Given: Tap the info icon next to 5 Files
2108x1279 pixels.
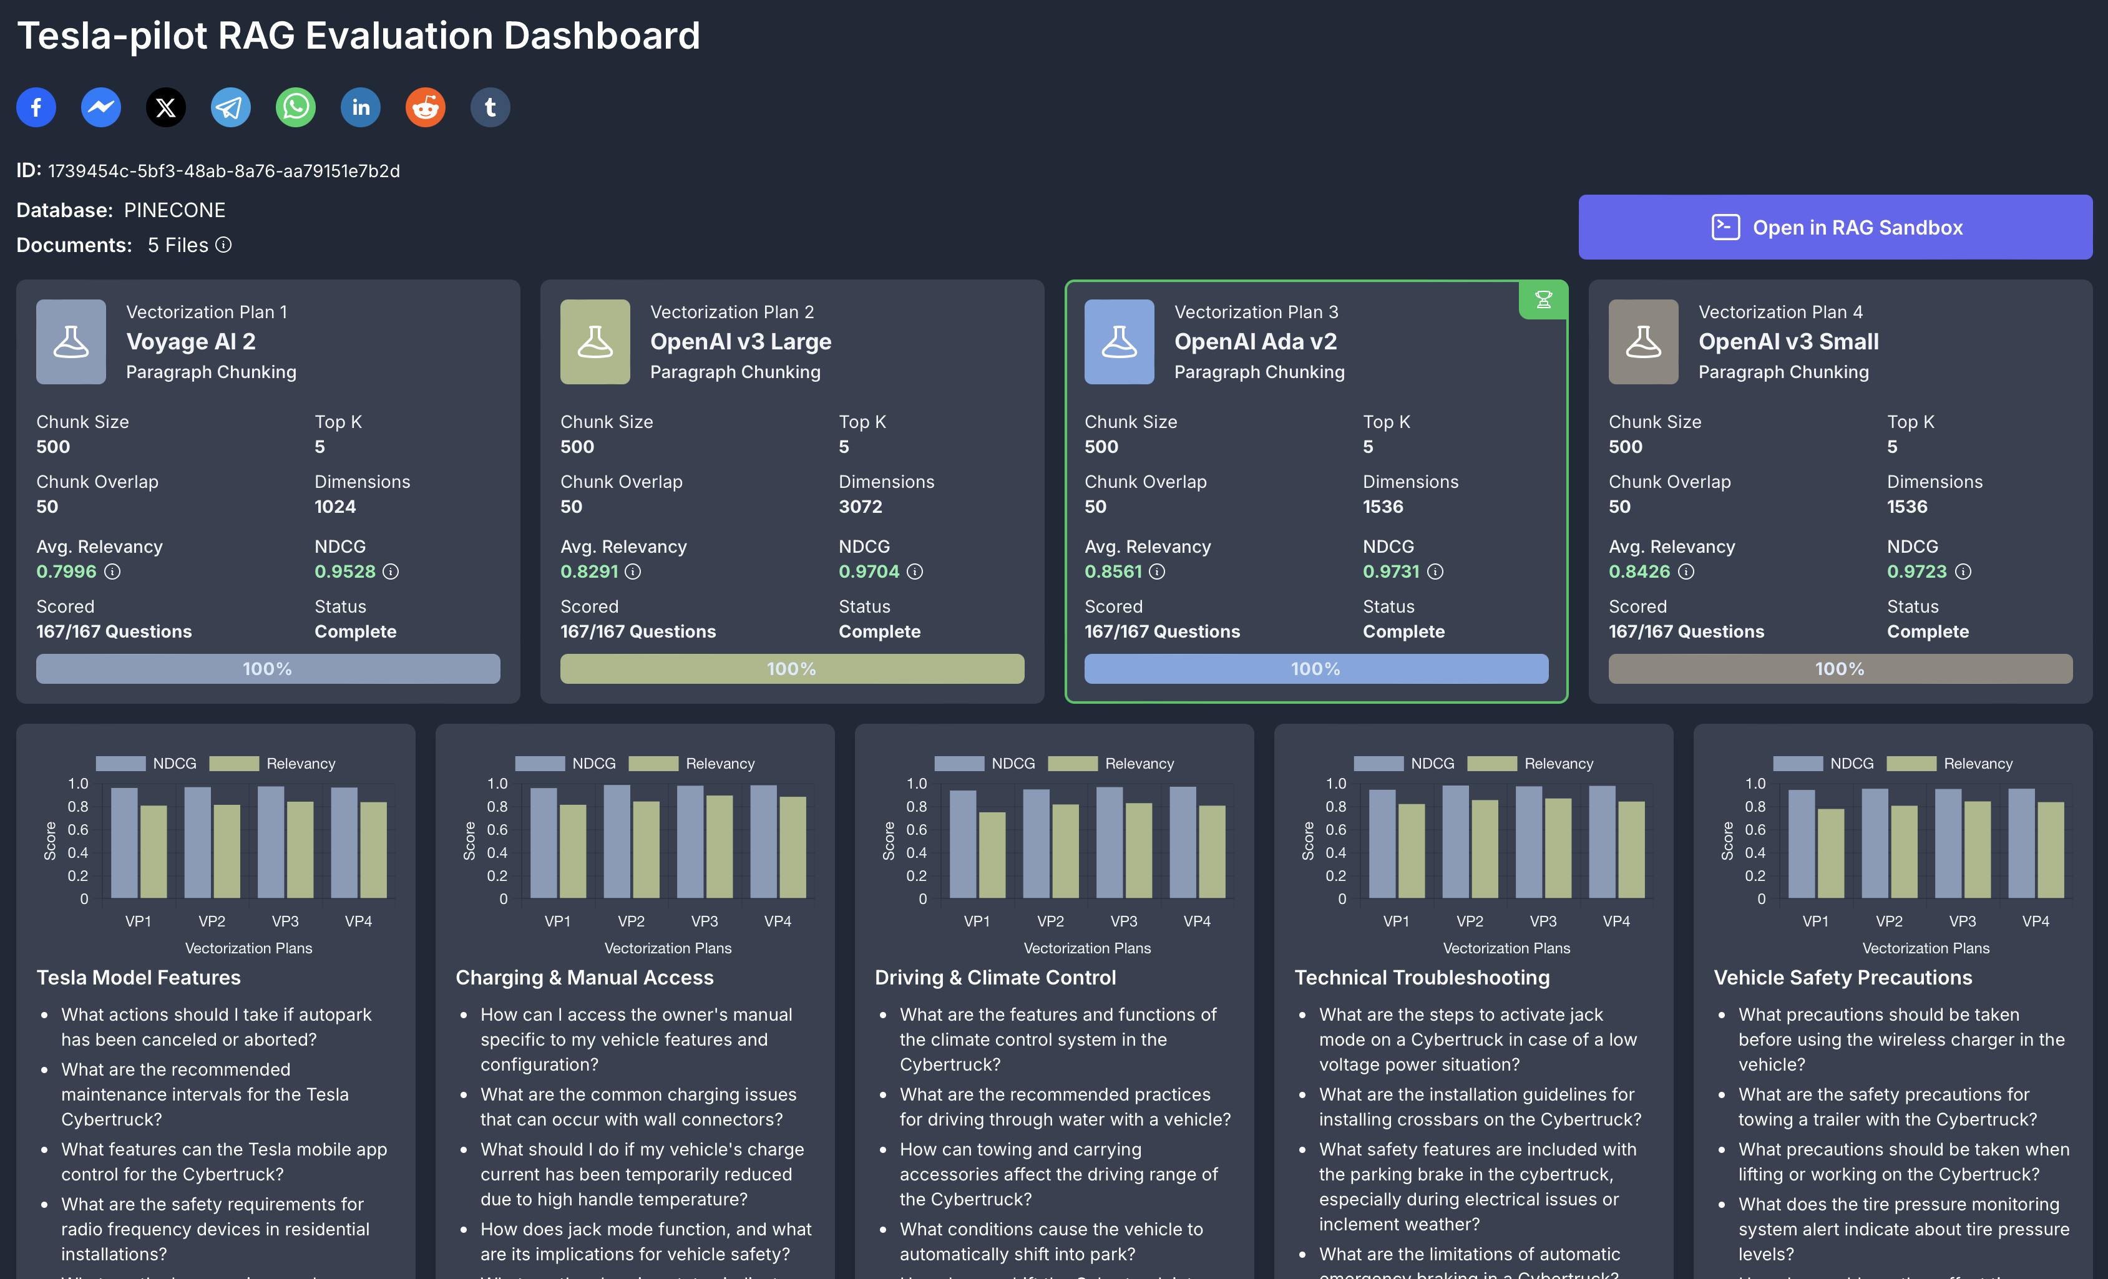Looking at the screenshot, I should [x=223, y=246].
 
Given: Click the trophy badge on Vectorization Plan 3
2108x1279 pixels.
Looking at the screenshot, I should [x=1543, y=300].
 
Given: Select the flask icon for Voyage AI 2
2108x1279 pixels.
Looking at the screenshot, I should [x=71, y=341].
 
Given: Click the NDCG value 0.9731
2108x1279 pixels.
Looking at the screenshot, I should [x=1390, y=571].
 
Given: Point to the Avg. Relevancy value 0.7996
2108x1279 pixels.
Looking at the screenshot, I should [x=66, y=571].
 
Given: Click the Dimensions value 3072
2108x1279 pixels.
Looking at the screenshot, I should [x=860, y=507].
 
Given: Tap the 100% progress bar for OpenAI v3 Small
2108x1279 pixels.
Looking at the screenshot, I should [x=1840, y=669].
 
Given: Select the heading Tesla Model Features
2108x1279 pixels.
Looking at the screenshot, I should [x=139, y=978].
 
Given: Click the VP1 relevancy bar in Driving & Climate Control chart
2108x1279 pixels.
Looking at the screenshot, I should [x=992, y=855].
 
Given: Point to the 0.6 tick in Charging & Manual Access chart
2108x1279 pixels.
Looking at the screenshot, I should [x=497, y=830].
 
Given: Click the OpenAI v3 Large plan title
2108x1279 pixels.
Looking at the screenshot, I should [x=740, y=342].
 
